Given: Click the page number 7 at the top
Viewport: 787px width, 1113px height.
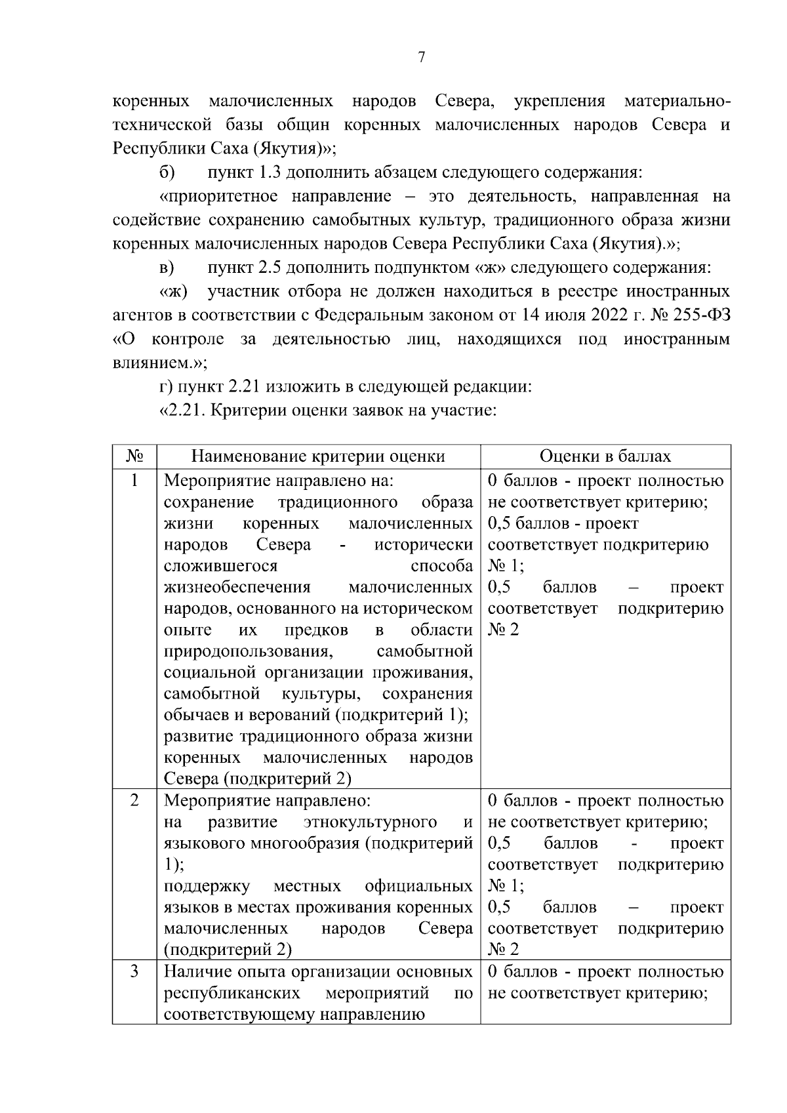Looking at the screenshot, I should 422,58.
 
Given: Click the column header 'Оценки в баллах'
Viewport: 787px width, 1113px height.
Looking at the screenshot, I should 605,456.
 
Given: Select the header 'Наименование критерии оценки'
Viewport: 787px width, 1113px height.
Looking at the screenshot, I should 317,456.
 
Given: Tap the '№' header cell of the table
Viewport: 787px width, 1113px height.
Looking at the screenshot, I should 134,456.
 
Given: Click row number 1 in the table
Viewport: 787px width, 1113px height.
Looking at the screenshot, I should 134,481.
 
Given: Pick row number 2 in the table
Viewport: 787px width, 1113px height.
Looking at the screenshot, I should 134,801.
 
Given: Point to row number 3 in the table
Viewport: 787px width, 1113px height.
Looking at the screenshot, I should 134,971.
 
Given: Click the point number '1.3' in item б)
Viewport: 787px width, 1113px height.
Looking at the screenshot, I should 270,173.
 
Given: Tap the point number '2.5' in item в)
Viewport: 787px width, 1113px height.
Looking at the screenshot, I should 270,268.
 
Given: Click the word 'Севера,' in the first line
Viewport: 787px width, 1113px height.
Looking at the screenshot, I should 464,102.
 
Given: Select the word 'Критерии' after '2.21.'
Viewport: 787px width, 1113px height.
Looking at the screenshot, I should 250,411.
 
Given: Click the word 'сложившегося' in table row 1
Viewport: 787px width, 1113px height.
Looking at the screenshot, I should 220,565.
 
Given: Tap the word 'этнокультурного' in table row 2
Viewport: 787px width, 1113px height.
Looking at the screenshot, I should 371,822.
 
